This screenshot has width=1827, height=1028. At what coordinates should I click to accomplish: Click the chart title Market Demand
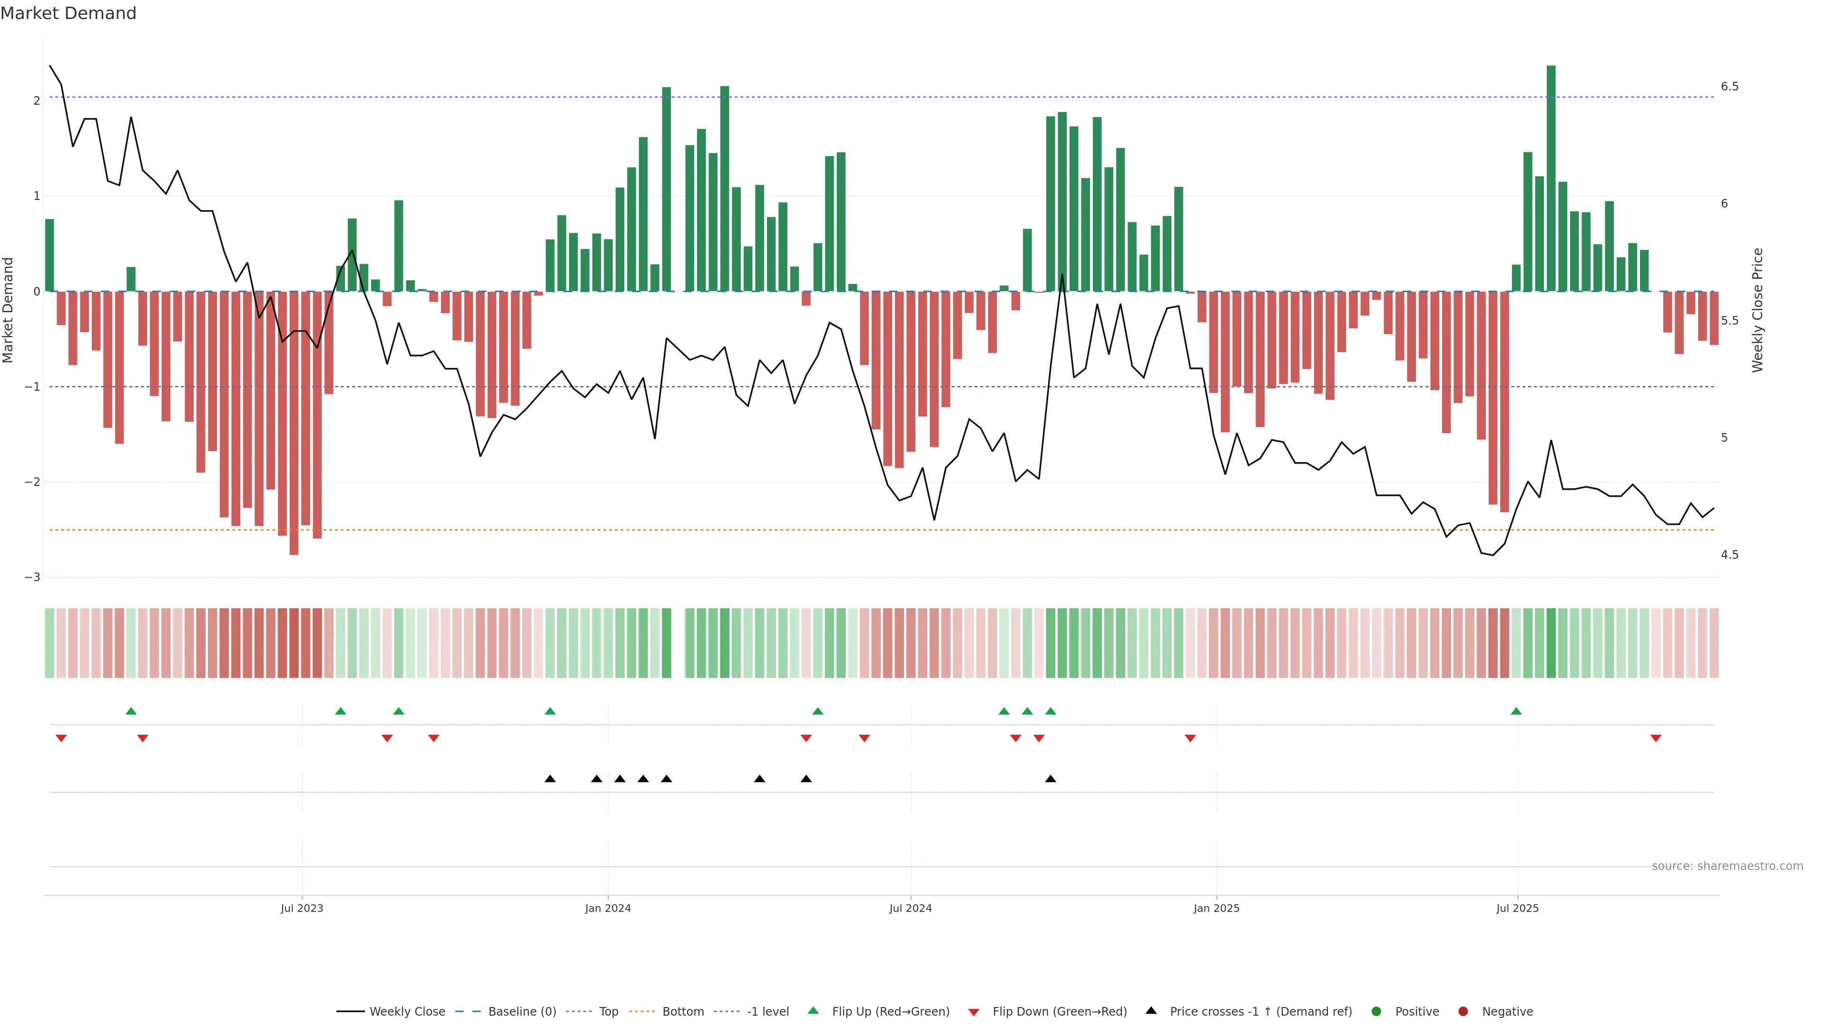(x=68, y=13)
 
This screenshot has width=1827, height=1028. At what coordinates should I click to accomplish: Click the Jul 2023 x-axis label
(x=302, y=908)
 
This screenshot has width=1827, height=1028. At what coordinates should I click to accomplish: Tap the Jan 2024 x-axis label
(x=608, y=908)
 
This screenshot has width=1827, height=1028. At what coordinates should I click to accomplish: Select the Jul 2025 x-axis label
(x=1517, y=908)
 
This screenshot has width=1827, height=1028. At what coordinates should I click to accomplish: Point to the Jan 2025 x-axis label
(x=1217, y=908)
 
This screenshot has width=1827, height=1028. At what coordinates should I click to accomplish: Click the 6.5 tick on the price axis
(x=1729, y=87)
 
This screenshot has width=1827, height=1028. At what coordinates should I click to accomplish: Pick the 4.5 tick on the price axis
(x=1729, y=555)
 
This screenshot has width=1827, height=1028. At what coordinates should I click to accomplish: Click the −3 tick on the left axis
(x=32, y=577)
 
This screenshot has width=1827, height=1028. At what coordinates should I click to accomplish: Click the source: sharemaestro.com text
(x=1727, y=866)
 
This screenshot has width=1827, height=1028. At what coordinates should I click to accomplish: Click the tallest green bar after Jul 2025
(x=1551, y=178)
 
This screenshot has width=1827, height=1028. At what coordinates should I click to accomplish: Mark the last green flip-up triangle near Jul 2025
(x=1516, y=711)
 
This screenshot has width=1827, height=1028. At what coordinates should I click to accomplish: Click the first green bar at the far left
(x=49, y=256)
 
